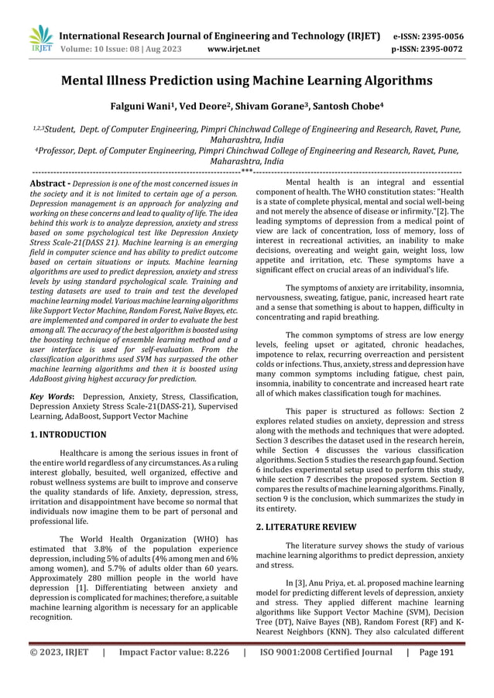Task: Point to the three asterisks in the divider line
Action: [246, 172]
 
